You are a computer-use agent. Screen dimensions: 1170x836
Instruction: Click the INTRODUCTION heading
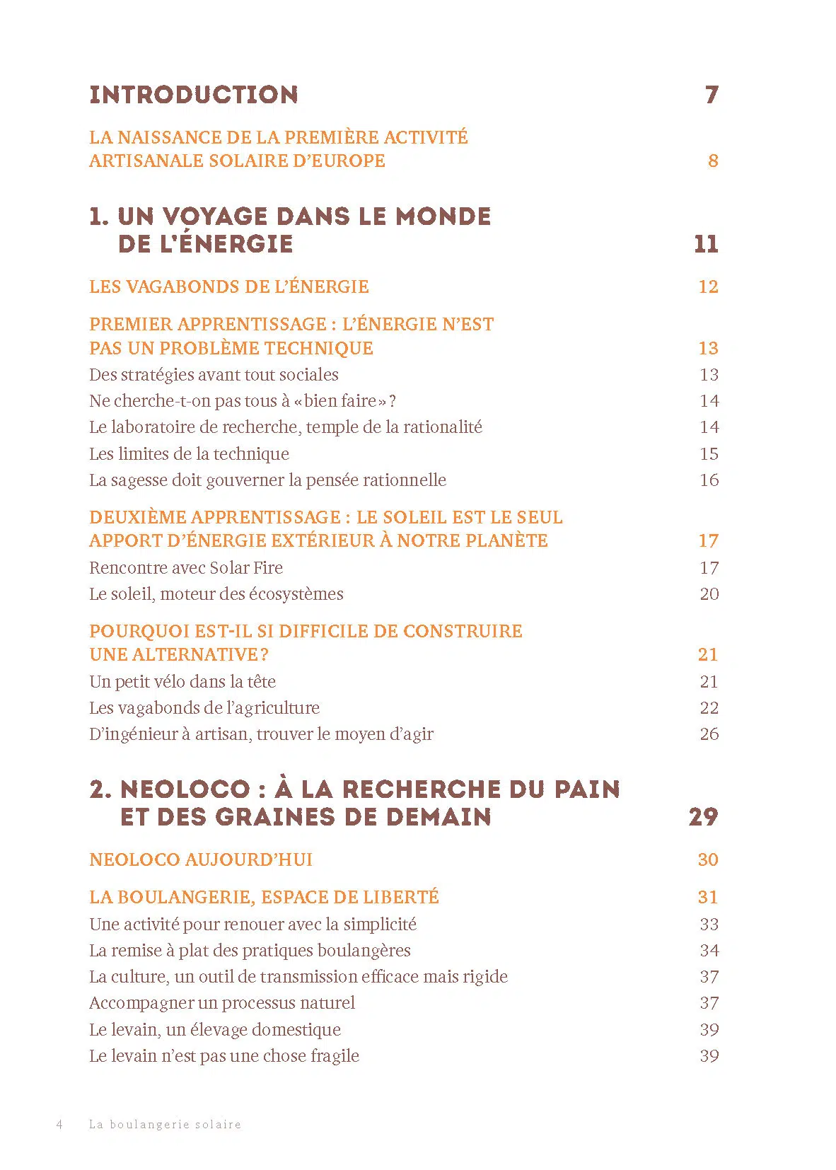click(x=193, y=95)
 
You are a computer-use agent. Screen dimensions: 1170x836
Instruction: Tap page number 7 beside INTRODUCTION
click(x=712, y=95)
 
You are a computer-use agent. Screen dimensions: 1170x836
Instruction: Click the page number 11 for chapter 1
click(x=706, y=244)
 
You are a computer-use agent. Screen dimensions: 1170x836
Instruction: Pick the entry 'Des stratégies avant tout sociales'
click(x=214, y=374)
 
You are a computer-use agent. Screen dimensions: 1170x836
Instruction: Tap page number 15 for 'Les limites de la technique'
click(x=709, y=453)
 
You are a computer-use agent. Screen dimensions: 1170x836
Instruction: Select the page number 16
click(x=709, y=480)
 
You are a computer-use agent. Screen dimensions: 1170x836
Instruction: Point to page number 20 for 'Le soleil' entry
click(x=709, y=593)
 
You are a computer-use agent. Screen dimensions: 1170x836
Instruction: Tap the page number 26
click(x=709, y=734)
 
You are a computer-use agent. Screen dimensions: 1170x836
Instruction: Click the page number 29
click(x=703, y=817)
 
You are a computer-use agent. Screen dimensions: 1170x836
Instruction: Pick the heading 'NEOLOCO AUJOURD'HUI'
click(x=201, y=859)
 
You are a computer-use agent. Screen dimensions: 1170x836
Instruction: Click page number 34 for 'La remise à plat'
click(x=709, y=950)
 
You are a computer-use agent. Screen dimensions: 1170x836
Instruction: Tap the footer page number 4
click(x=59, y=1124)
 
